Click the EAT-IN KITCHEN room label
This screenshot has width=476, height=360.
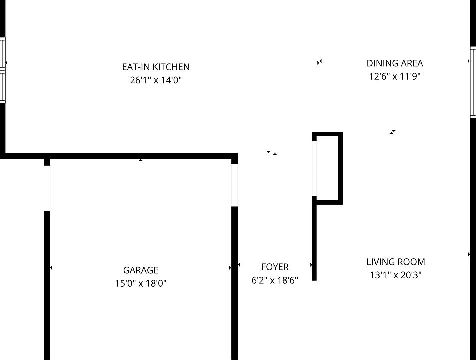(x=156, y=67)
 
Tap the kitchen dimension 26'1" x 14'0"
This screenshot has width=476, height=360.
(x=156, y=80)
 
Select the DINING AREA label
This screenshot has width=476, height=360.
(x=395, y=63)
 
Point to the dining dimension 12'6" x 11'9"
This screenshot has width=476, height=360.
(x=395, y=76)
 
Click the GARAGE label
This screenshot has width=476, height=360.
(x=141, y=270)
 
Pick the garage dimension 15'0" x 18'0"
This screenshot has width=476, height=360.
(x=141, y=283)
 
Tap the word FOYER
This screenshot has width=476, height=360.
(x=275, y=267)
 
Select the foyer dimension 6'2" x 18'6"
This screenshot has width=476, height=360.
(x=275, y=280)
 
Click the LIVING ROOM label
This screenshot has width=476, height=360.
(x=396, y=262)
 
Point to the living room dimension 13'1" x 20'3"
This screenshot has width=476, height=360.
(x=396, y=275)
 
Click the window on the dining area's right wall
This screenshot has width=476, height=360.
(x=473, y=82)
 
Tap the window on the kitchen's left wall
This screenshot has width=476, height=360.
(x=2, y=70)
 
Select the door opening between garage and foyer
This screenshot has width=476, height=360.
(x=234, y=185)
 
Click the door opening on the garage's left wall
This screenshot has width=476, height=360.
(x=47, y=188)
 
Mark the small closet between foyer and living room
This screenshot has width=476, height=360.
(x=328, y=168)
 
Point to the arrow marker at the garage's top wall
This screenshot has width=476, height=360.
(x=141, y=160)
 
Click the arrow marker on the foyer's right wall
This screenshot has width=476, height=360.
(x=311, y=265)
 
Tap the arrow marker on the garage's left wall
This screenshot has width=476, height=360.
(x=51, y=268)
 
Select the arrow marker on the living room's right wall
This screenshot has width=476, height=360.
(x=469, y=254)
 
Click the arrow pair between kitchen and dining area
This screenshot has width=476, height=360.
(x=319, y=62)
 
